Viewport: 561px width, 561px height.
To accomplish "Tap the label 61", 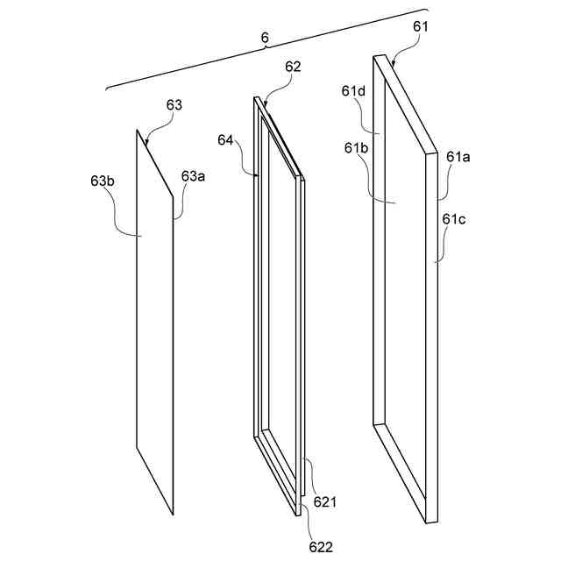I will click(x=421, y=27).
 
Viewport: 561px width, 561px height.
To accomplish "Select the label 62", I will click(x=293, y=67).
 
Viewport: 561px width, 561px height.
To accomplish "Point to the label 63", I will click(x=174, y=105).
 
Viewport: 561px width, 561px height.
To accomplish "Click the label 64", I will click(x=226, y=140).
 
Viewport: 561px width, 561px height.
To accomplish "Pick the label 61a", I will click(x=458, y=157).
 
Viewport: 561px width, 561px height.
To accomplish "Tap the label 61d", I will click(x=354, y=91).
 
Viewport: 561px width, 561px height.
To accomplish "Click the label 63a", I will click(x=193, y=176).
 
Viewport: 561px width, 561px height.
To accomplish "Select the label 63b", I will click(x=103, y=181).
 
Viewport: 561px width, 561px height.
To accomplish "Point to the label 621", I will click(x=325, y=502).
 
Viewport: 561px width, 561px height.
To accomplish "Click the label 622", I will click(x=320, y=547).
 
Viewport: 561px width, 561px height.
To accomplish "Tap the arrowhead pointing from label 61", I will click(x=394, y=65).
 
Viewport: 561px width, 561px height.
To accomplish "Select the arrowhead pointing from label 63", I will click(x=146, y=143).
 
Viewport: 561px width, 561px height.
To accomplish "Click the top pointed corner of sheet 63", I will click(x=137, y=131).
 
